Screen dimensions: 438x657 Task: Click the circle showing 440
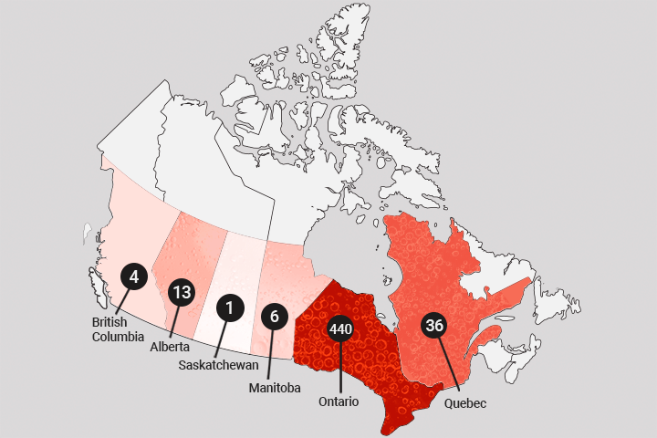tap(340, 328)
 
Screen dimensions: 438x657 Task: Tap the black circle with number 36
tap(434, 324)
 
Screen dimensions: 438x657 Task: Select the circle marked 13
tap(182, 293)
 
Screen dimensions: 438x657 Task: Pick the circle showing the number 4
tap(133, 275)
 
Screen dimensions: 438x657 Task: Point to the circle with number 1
tap(230, 308)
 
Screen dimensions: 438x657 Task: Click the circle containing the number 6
tap(274, 317)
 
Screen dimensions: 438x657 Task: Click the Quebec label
tap(464, 401)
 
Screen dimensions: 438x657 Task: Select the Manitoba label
tap(275, 388)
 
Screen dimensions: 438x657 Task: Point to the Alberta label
tap(170, 347)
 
